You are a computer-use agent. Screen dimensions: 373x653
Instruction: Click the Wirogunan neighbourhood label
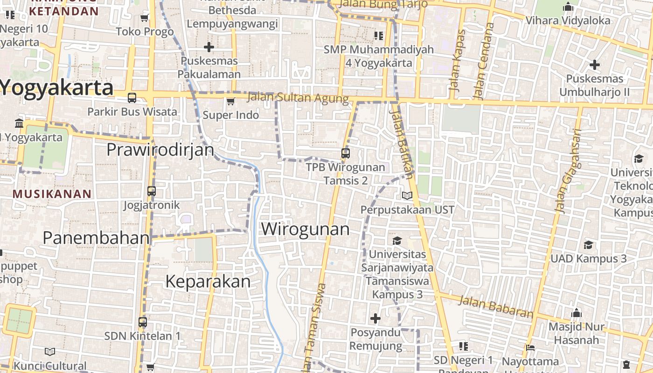click(x=305, y=229)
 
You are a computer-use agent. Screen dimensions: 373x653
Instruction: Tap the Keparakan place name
click(x=208, y=282)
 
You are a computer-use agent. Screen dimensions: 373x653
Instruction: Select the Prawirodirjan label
click(x=160, y=150)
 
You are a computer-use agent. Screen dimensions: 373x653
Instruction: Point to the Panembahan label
click(x=96, y=238)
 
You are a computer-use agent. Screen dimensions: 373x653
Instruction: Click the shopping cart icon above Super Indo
click(x=230, y=101)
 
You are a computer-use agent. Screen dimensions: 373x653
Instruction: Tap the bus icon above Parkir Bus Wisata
click(x=132, y=98)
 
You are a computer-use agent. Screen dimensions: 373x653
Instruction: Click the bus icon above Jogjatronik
click(x=152, y=191)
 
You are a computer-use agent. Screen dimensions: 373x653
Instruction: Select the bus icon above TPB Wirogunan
click(x=346, y=153)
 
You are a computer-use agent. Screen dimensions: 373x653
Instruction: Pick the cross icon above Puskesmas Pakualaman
click(x=209, y=47)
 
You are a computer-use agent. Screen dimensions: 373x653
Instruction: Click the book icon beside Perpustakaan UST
click(x=407, y=196)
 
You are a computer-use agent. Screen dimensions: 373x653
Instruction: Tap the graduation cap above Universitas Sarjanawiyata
click(x=397, y=241)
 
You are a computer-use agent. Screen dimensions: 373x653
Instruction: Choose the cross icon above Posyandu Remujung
click(x=375, y=318)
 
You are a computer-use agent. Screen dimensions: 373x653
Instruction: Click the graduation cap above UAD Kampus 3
click(x=589, y=245)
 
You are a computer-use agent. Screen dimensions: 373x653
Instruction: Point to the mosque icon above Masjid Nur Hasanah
click(x=577, y=313)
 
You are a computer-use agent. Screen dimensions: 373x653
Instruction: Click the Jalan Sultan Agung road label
click(x=298, y=98)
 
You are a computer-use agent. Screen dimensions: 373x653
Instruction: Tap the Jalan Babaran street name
click(x=495, y=306)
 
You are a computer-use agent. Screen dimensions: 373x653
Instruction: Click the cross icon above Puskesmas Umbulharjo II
click(x=594, y=64)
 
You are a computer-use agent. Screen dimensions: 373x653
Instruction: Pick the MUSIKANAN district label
click(x=52, y=194)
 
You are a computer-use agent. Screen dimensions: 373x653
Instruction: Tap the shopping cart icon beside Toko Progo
click(x=145, y=18)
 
